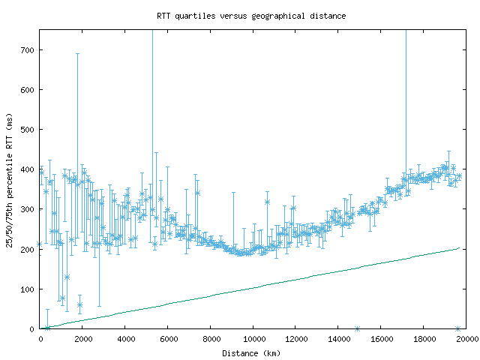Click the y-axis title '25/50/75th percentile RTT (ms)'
point(10,178)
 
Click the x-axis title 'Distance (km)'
point(251,352)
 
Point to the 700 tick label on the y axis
point(27,50)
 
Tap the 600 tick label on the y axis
point(27,90)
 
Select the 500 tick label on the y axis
point(27,130)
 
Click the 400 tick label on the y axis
point(27,169)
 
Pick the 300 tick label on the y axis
point(27,209)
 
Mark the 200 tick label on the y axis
point(27,249)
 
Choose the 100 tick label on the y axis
point(27,289)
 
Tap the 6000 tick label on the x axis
point(168,339)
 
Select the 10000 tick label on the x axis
point(253,339)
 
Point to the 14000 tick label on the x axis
point(338,339)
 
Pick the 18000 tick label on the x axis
point(423,339)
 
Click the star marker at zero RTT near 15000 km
point(357,328)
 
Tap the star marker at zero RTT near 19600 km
point(457,328)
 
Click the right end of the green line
point(458,247)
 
